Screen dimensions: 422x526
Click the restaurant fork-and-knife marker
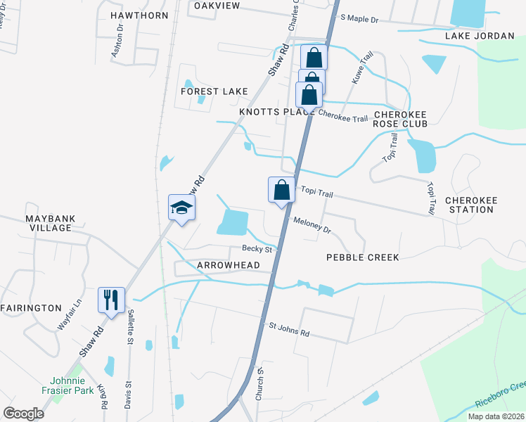point(111,300)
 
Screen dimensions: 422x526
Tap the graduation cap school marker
point(181,207)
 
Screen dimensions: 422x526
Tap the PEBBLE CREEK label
point(363,257)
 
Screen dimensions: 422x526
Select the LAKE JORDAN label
point(481,36)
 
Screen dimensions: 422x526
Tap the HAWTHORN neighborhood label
point(139,15)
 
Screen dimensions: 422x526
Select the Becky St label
point(257,248)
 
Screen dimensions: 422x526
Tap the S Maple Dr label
point(359,19)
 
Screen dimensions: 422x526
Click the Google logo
point(23,414)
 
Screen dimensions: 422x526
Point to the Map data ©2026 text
point(496,416)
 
